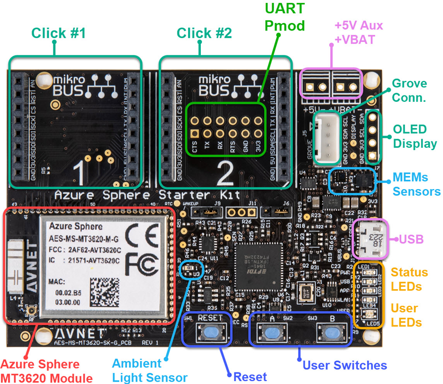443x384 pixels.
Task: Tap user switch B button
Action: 330,332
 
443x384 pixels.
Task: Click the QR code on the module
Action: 106,290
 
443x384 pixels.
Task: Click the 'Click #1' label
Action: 59,33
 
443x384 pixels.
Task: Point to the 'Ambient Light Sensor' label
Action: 150,370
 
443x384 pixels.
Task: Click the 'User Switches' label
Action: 345,364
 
